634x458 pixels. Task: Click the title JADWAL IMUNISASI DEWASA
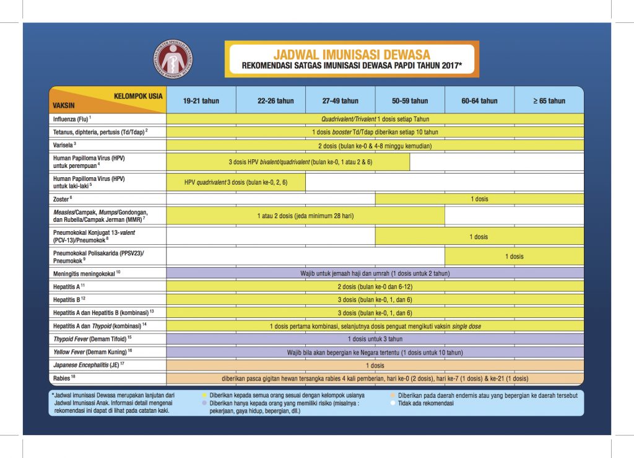[x=351, y=55]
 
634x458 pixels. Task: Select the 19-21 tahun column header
[x=201, y=101]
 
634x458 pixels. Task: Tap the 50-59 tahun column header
[x=410, y=101]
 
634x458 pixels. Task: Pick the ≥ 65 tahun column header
[x=549, y=101]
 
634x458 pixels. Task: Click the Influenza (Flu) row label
[x=72, y=118]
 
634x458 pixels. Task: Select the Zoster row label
[x=63, y=199]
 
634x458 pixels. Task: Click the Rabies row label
[x=64, y=377]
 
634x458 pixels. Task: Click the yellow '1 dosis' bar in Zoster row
[x=479, y=199]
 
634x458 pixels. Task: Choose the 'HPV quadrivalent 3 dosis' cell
[x=236, y=182]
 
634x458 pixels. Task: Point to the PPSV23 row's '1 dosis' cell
[x=514, y=256]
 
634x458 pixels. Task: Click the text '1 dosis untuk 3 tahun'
[x=375, y=339]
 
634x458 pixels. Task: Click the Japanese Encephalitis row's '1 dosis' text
[x=375, y=365]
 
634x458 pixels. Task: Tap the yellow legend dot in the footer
[x=205, y=395]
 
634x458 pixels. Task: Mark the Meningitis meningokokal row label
[x=84, y=273]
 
